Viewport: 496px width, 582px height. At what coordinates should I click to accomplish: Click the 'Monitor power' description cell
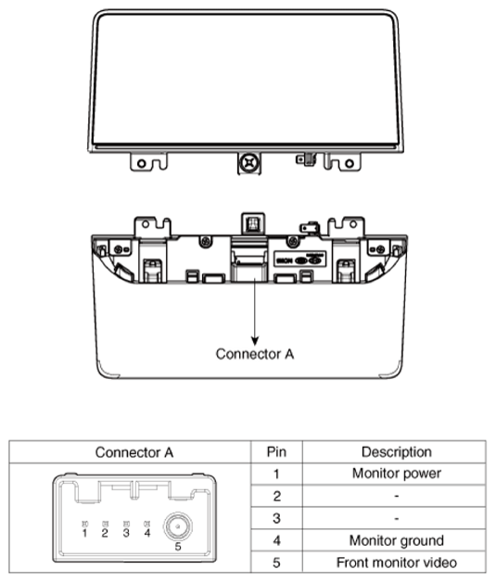pos(396,474)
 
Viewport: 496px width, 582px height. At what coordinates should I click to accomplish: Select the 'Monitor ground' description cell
pos(396,540)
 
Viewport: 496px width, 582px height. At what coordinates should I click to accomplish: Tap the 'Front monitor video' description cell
pos(396,563)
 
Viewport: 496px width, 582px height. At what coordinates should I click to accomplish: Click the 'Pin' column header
pos(276,451)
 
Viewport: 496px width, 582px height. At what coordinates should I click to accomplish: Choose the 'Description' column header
pos(396,451)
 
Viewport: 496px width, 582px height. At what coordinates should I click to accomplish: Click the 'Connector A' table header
pos(134,452)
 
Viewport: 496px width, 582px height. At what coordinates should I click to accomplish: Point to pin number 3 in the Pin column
pos(276,518)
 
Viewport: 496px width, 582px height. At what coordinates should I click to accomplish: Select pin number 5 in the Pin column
pos(276,563)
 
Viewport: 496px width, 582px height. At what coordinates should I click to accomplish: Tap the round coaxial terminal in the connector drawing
pos(178,526)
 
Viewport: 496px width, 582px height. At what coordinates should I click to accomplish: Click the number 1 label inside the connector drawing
pos(84,534)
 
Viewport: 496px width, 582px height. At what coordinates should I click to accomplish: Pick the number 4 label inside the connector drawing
pos(147,534)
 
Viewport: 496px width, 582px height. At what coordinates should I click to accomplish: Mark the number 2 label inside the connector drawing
pos(105,534)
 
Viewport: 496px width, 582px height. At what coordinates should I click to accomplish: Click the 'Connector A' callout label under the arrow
pos(255,354)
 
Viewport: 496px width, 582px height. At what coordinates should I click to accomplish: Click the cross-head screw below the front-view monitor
pos(248,162)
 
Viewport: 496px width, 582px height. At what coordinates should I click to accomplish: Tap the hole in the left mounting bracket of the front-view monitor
pos(142,163)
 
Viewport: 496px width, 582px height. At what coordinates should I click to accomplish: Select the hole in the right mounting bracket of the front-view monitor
pos(350,163)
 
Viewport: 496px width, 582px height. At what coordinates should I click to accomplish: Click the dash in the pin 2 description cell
pos(396,496)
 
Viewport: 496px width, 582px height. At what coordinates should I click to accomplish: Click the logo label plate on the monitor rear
pos(300,259)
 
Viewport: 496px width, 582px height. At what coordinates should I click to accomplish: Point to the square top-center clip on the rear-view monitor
pos(253,223)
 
